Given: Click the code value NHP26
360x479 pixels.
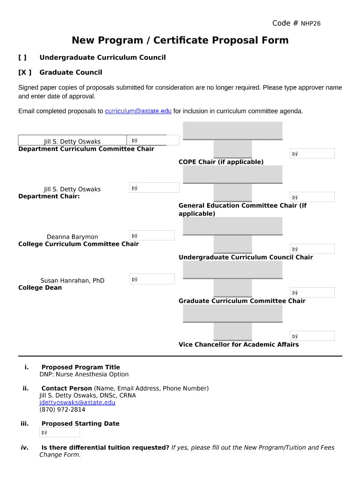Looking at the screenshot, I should pos(310,23).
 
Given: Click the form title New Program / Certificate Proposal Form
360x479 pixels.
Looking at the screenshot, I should pos(180,40).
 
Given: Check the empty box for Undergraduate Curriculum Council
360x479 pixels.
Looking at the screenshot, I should pos(22,58).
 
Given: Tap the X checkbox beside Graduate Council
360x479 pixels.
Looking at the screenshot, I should pos(25,73).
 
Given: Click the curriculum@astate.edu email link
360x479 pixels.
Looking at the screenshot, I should pos(138,111).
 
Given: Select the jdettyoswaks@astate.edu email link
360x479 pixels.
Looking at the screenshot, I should pos(77,402).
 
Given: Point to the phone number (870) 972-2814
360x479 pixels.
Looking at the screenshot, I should pos(62,409).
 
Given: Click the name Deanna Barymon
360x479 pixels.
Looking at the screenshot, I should pos(72,237).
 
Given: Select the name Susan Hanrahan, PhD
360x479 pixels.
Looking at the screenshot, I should pos(72,280).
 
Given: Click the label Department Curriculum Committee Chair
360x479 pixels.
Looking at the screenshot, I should pos(86,149).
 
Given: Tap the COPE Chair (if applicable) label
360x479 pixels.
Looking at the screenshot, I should pos(221,162).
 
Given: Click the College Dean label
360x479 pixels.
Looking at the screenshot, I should pos(40,287).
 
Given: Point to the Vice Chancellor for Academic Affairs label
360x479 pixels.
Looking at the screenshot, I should pos(238,344).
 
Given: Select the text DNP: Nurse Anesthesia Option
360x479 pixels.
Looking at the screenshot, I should pos(84,374).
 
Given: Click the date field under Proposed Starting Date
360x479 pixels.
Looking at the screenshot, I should pos(59,432).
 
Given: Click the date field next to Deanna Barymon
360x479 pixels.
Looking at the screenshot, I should pos(151,236).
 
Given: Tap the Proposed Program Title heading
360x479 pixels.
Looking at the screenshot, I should pos(80,367).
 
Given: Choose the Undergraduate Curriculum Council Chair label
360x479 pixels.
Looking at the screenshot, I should pos(245,257).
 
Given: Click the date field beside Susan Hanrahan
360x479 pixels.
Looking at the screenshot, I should pos(151,279).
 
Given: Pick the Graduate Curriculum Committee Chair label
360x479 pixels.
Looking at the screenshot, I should pos(242,301).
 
